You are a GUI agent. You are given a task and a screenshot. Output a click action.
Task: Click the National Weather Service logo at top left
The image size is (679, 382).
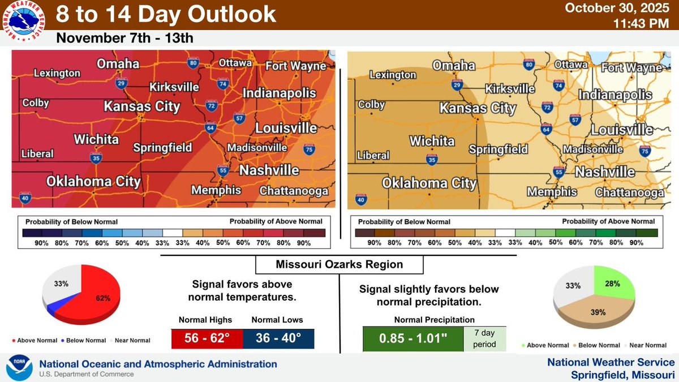pos(24,24)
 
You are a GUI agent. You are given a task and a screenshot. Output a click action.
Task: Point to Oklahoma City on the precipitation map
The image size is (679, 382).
pos(429,183)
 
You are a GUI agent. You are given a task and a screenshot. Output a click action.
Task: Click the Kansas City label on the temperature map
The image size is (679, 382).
pos(141,106)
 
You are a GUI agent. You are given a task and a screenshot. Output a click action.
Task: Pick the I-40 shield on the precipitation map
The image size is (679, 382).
pos(360,199)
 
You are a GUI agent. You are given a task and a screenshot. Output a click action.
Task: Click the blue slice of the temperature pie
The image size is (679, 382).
pos(54,308)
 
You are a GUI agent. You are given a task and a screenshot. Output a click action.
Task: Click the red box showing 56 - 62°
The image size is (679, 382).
pos(207,338)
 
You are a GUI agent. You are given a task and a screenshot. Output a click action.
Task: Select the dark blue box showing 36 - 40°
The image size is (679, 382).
pos(278,338)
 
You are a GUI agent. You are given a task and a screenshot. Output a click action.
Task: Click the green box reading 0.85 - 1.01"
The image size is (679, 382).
pos(412,339)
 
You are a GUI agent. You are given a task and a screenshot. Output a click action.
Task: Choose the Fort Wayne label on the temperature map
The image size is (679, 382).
pos(296,66)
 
